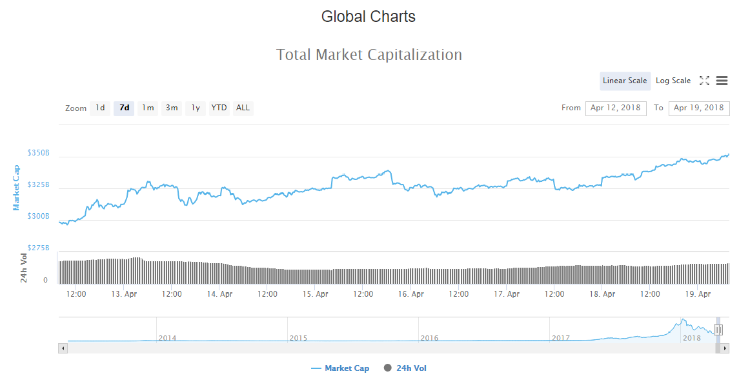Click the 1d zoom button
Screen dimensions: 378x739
click(100, 108)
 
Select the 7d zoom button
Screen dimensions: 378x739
click(124, 108)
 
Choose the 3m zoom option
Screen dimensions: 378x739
click(172, 108)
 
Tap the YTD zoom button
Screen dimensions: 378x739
click(219, 108)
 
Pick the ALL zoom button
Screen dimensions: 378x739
click(243, 108)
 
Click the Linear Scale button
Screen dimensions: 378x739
click(625, 81)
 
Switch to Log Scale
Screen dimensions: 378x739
click(673, 81)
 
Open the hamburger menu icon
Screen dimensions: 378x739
click(722, 81)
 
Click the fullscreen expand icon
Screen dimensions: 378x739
click(704, 81)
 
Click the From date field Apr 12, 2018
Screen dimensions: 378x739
click(616, 108)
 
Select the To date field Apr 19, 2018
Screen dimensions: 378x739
click(699, 108)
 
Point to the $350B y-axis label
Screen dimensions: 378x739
click(38, 153)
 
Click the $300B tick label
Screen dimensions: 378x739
click(38, 216)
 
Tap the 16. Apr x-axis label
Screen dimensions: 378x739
click(411, 294)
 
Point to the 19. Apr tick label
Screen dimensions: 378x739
click(698, 294)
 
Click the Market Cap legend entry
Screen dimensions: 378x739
click(340, 368)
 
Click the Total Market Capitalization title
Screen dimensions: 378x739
click(369, 55)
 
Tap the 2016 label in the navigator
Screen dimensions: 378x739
click(429, 338)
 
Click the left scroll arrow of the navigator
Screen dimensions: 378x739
click(63, 348)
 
